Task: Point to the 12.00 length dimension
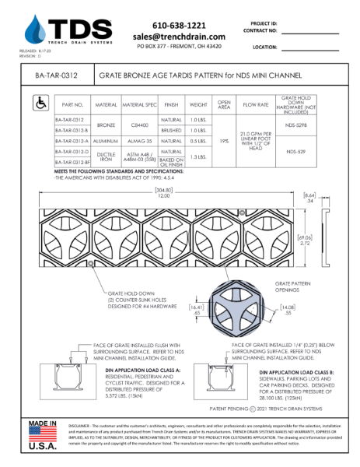[178, 195]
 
